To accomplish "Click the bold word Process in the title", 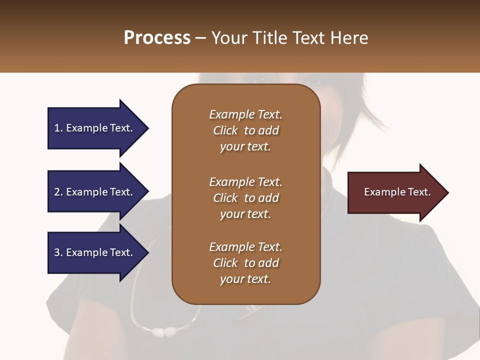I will click(x=157, y=38).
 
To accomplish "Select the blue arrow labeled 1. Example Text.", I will click(x=95, y=128).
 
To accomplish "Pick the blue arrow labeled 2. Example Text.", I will click(x=95, y=192).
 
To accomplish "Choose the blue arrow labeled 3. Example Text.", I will click(x=95, y=252).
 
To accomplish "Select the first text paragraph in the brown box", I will click(x=245, y=130).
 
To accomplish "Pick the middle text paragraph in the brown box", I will click(x=245, y=197).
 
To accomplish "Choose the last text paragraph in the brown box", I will click(x=245, y=263).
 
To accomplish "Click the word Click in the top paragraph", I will click(x=225, y=130).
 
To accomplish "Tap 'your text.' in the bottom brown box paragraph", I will click(x=245, y=279).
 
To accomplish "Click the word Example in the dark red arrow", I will click(x=381, y=192).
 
